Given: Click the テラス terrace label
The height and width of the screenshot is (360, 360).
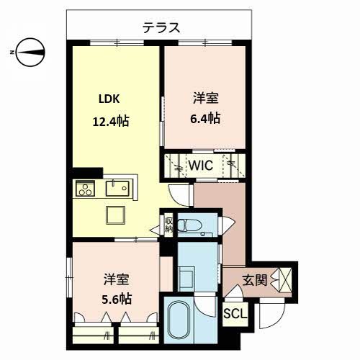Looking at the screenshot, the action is tap(161, 28).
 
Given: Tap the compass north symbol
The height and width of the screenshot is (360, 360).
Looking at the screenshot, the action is tap(30, 53).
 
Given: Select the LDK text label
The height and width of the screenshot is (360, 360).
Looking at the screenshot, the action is tap(109, 99).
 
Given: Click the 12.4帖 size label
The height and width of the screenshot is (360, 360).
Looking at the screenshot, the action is tap(111, 121).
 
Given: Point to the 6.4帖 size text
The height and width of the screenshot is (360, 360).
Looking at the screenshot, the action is tap(205, 118).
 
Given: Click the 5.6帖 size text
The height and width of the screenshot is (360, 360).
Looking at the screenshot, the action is tap(117, 299).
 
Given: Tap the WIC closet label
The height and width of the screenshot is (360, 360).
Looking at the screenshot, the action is tap(201, 165).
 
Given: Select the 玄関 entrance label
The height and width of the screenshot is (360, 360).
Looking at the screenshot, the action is tap(254, 280).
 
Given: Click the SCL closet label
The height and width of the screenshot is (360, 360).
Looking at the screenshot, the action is tap(235, 313).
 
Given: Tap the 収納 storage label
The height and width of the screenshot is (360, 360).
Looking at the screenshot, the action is tap(169, 225).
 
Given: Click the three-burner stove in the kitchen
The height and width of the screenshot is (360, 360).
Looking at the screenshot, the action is tap(85, 188).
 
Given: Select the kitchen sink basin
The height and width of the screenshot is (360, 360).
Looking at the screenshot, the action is tap(117, 189).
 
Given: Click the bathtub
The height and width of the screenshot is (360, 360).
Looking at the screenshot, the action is tap(179, 320).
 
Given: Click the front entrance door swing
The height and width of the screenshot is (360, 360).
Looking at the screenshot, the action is tap(272, 313).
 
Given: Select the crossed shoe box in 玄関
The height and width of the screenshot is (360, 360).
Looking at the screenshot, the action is tap(285, 280).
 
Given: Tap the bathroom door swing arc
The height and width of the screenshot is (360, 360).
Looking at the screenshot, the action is tap(206, 307).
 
